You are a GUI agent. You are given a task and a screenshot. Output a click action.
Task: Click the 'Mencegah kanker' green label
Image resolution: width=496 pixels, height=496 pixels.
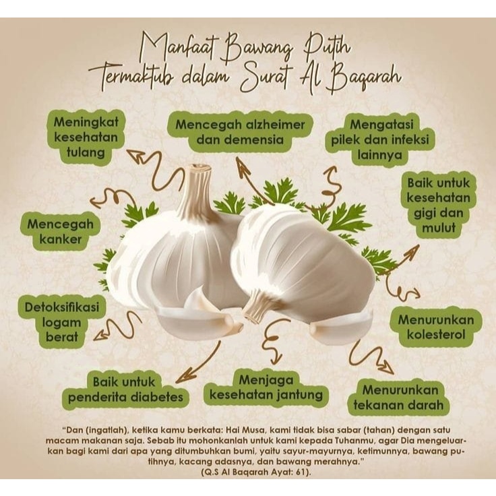60,230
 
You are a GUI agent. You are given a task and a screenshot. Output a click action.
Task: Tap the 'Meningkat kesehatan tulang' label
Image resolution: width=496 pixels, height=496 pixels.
86,137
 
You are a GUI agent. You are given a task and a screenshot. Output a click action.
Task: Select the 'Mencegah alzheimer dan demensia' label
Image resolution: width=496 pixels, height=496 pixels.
240,132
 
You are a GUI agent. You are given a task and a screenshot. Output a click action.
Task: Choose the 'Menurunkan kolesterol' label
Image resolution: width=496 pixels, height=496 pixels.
435,326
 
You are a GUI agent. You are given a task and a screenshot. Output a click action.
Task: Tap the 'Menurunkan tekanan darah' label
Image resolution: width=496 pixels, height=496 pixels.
398,397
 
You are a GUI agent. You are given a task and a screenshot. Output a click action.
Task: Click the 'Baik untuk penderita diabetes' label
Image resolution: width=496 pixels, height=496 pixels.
125,390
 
